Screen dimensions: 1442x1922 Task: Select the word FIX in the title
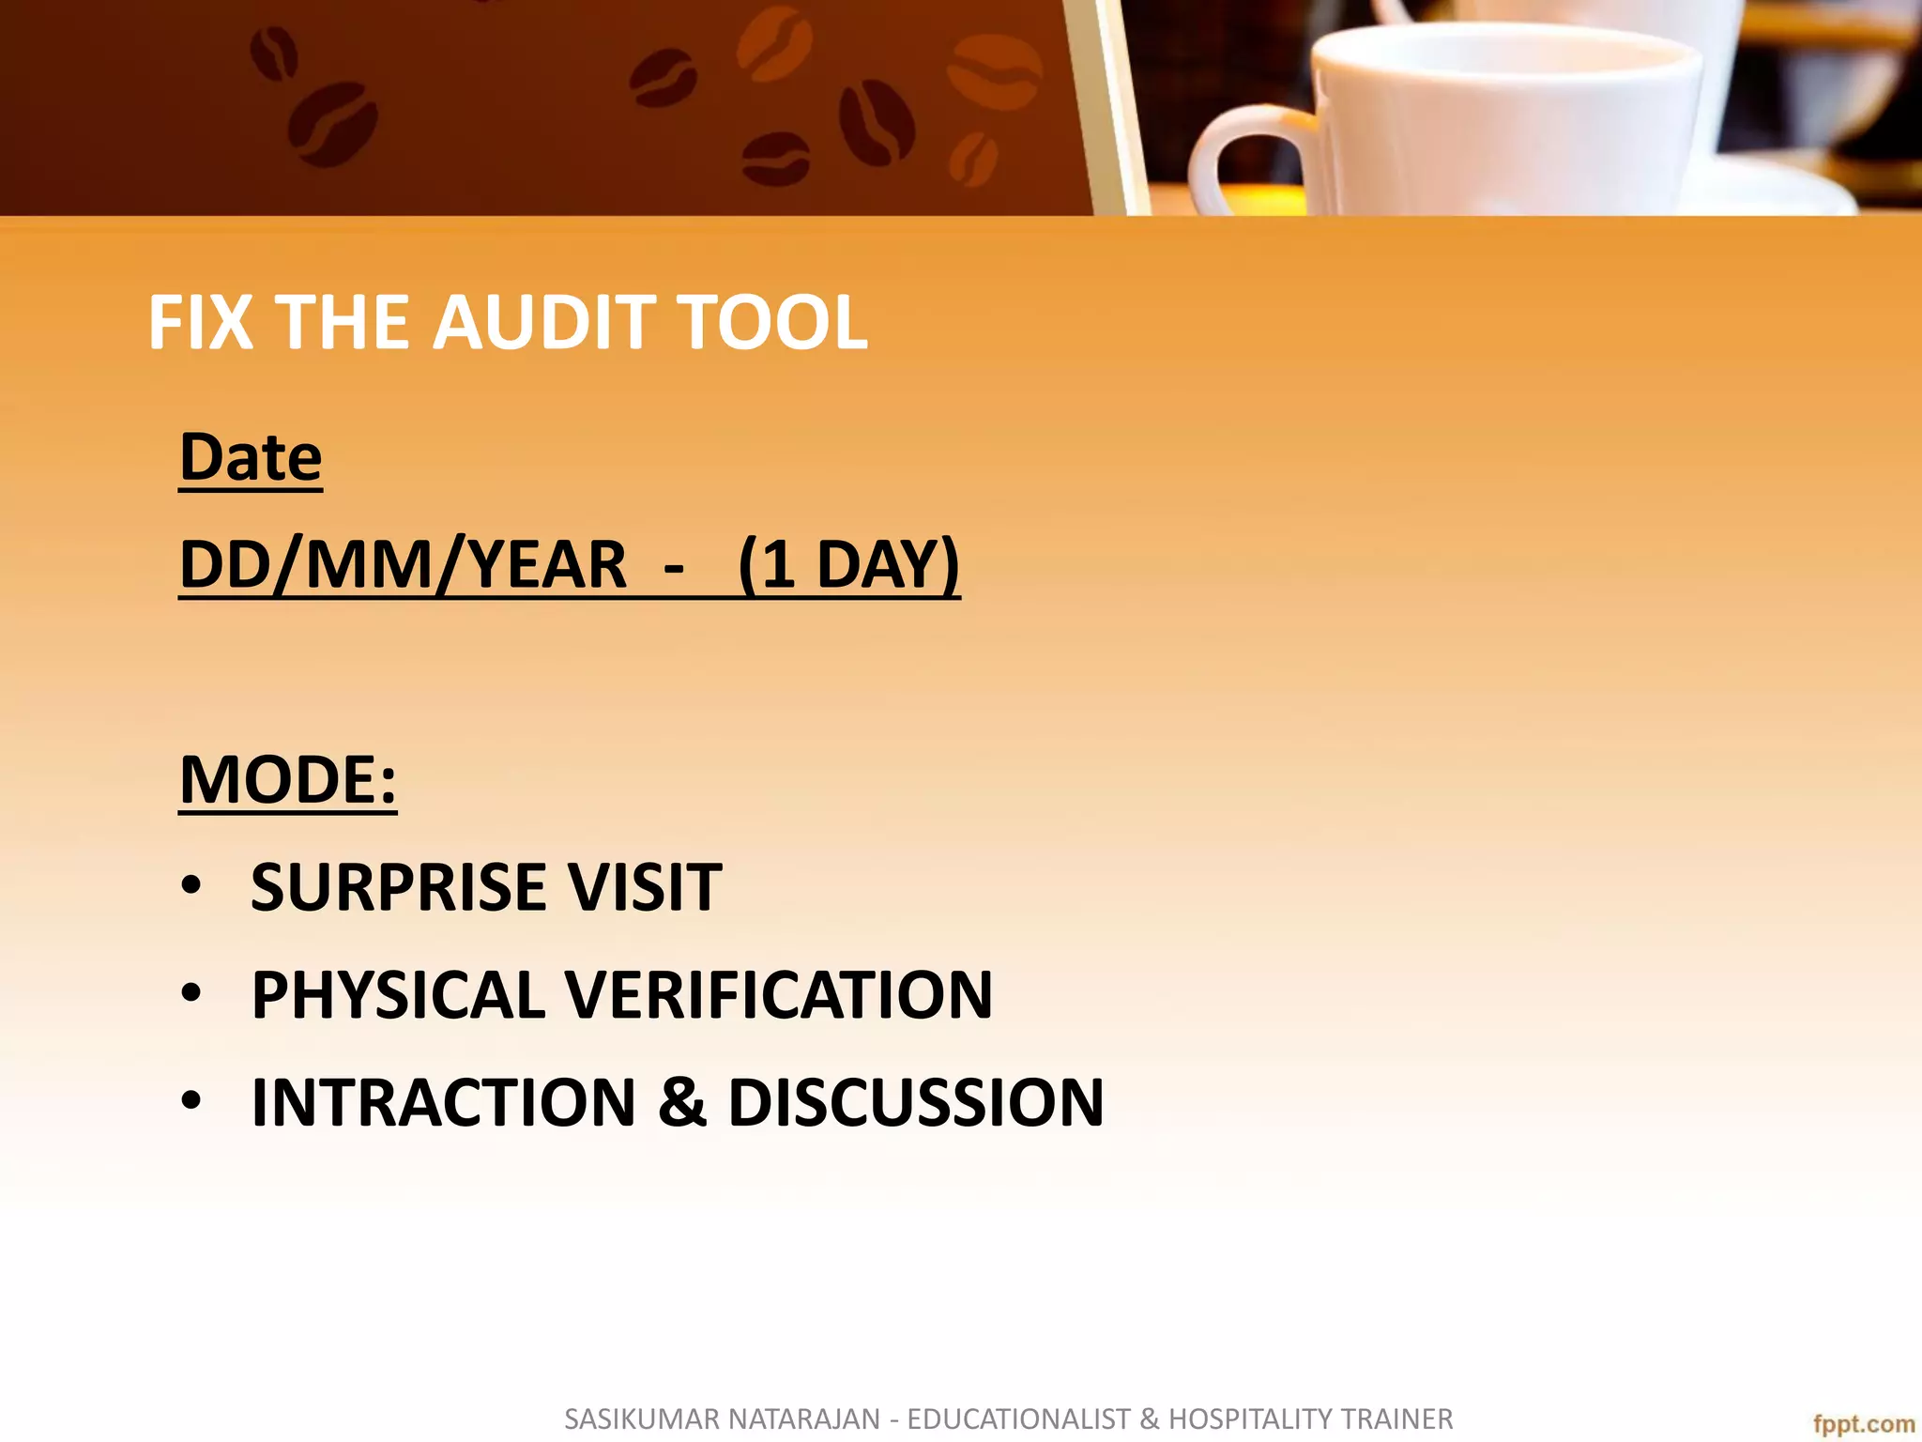click(x=200, y=323)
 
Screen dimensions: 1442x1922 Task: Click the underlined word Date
click(x=251, y=458)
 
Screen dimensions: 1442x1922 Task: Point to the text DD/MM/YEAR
click(x=403, y=565)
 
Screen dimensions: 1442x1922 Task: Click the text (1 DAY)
click(x=848, y=565)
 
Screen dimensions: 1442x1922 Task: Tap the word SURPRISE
click(x=398, y=887)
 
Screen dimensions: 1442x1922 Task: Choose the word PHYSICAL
click(x=398, y=995)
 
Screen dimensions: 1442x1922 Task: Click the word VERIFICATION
click(x=780, y=995)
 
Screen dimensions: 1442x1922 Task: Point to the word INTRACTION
click(x=444, y=1102)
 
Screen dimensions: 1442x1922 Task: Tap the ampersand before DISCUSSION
click(x=682, y=1102)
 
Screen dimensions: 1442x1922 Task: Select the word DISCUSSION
click(x=916, y=1102)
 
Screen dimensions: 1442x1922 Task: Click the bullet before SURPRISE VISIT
click(x=191, y=887)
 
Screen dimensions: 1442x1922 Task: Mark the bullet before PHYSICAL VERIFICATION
click(x=191, y=995)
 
